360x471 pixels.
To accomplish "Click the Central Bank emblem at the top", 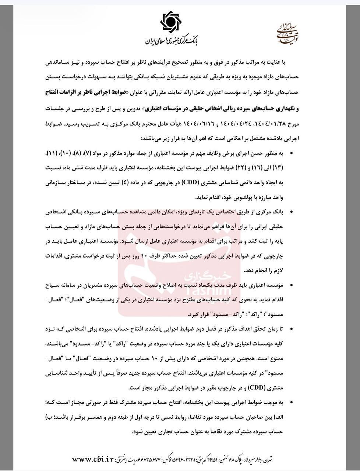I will (x=173, y=23).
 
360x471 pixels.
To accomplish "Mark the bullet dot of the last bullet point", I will (x=292, y=403).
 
